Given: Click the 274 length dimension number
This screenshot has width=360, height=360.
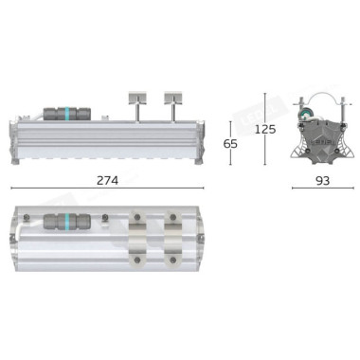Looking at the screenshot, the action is click(x=107, y=181).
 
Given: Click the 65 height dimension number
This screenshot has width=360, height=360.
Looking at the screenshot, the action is click(x=230, y=144).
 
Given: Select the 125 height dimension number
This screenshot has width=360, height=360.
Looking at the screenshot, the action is click(x=265, y=129).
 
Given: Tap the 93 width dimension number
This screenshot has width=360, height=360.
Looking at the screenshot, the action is click(x=322, y=181).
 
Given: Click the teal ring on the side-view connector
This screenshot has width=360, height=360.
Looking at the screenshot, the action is click(x=67, y=114).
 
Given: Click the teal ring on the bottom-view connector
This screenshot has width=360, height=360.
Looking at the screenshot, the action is click(x=67, y=221).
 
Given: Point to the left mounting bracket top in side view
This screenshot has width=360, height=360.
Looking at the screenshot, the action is click(x=137, y=98).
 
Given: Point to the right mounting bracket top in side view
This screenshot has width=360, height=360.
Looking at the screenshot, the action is click(x=173, y=98).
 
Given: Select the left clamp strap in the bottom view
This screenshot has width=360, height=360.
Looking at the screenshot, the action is click(x=137, y=239).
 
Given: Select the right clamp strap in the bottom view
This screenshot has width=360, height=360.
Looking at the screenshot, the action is click(x=172, y=239).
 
